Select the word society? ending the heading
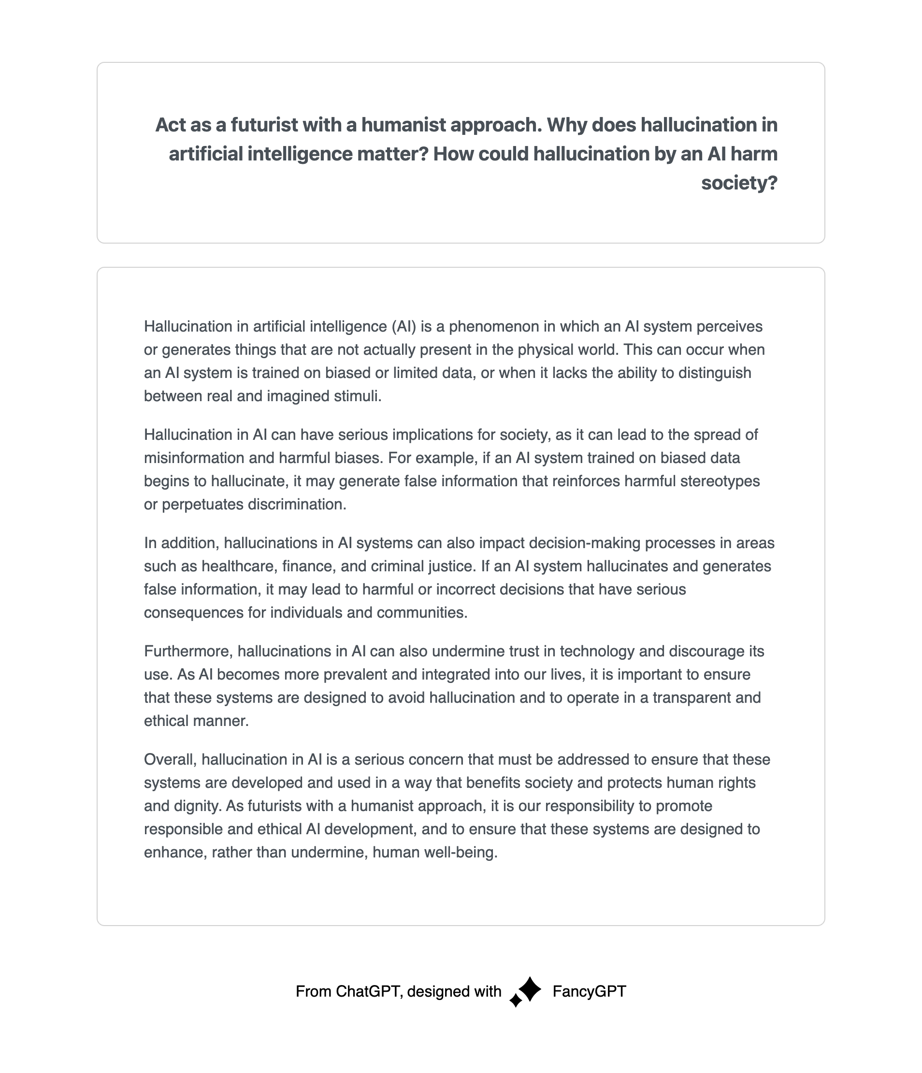739,183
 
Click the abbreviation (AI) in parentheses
404,326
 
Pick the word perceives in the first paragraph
729,326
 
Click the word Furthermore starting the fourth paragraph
188,651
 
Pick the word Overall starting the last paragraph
170,759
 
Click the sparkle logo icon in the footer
526,991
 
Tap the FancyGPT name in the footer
589,991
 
